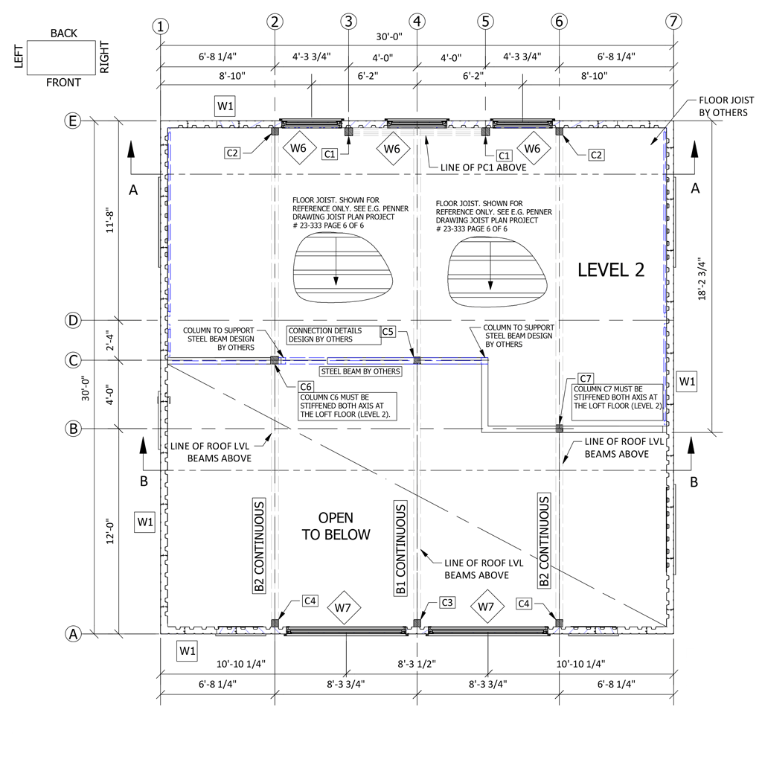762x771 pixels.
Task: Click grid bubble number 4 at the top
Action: (417, 22)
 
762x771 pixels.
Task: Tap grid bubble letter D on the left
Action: (73, 321)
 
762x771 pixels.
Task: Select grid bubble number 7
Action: (673, 22)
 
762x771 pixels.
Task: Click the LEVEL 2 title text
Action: (611, 270)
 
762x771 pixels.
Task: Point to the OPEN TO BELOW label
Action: (336, 526)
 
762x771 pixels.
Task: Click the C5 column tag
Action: (388, 332)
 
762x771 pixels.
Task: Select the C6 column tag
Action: (306, 387)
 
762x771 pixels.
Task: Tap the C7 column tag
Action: (586, 379)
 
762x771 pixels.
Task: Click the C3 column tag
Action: (447, 602)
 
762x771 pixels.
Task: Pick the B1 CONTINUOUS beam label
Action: (400, 548)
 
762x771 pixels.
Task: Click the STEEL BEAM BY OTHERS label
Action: (360, 372)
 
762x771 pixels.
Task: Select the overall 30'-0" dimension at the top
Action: (389, 36)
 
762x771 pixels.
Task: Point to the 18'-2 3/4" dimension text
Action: (702, 278)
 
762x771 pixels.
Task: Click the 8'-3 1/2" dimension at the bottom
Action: (417, 664)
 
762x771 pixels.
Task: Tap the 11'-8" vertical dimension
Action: (110, 221)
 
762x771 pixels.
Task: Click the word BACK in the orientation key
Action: (64, 33)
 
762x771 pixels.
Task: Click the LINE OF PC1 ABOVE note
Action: (483, 167)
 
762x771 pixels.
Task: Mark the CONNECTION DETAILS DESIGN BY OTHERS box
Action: (334, 335)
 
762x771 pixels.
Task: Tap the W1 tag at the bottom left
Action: (188, 651)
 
